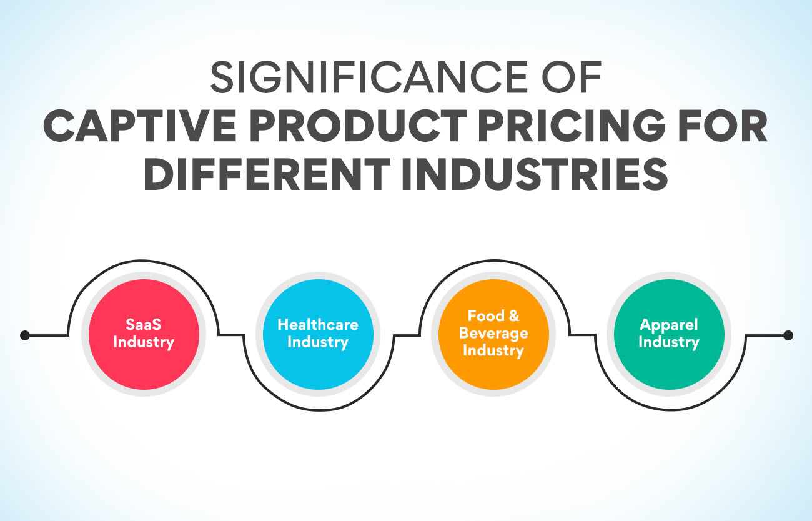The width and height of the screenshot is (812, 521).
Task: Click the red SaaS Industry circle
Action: click(x=144, y=334)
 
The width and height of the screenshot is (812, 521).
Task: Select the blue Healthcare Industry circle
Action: click(x=318, y=334)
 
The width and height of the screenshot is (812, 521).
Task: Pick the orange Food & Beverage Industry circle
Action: click(x=493, y=334)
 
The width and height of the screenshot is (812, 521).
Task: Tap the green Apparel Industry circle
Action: click(x=668, y=334)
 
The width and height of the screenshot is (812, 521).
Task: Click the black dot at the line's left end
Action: click(x=25, y=335)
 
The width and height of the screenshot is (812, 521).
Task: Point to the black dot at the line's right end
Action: click(x=788, y=335)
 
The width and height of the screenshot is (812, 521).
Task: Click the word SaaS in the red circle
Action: click(x=144, y=325)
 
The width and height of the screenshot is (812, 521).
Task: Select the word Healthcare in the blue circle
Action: click(x=318, y=325)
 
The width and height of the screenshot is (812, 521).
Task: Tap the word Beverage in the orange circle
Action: click(x=493, y=333)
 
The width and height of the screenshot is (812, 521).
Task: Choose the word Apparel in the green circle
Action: click(x=668, y=325)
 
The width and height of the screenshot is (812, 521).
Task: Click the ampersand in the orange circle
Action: click(x=513, y=316)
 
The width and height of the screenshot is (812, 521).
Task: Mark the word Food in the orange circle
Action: click(x=485, y=316)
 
